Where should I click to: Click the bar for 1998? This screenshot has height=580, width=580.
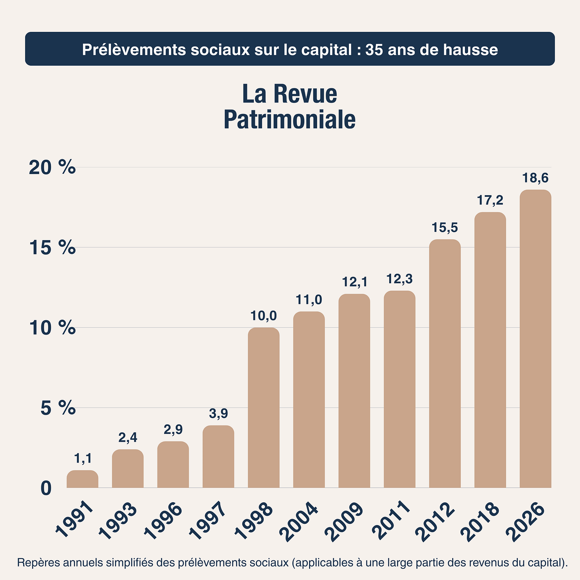coord(263,407)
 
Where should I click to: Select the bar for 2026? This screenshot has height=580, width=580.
coord(535,339)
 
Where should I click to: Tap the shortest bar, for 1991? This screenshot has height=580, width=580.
coord(82,479)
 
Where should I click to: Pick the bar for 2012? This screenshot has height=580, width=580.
coord(445,363)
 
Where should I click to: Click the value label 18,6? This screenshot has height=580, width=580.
coord(535,178)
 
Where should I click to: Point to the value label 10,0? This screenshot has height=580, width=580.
coord(263,316)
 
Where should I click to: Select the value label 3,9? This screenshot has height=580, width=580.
coord(218,414)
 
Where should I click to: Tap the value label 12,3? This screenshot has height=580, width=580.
coord(399,279)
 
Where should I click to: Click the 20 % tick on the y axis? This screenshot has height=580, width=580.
coord(52,167)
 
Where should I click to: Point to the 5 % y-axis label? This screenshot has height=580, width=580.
coord(58,408)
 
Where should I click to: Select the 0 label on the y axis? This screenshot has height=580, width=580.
coord(46,488)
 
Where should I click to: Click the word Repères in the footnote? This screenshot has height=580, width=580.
coord(36,563)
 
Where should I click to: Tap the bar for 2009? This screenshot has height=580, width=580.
coord(354,390)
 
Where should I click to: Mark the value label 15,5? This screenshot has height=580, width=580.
coord(445,228)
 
